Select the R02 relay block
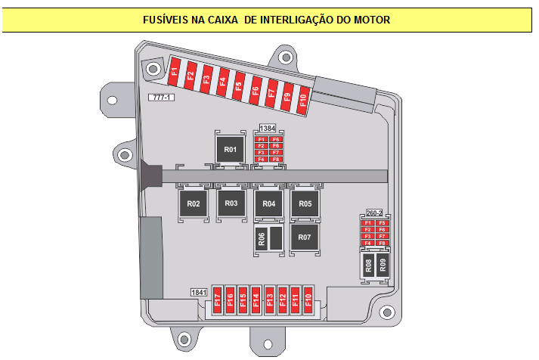tap(194, 203)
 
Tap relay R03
tap(231, 203)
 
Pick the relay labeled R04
tap(268, 203)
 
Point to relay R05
tap(305, 203)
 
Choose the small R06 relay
tap(262, 240)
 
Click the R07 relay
tap(305, 237)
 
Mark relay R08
tap(368, 265)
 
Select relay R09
tap(383, 265)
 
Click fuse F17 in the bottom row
tap(218, 301)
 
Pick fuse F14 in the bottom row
tap(256, 301)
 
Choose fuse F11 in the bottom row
tap(295, 301)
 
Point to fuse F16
tap(231, 301)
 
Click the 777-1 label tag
tap(162, 98)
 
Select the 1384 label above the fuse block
tap(268, 129)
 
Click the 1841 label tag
tap(199, 293)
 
